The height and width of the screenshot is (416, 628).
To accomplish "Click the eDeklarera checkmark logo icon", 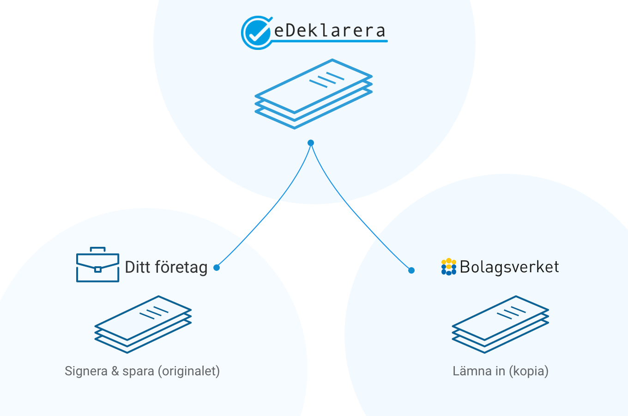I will (256, 32).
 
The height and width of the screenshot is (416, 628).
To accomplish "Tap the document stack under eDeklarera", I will (314, 94).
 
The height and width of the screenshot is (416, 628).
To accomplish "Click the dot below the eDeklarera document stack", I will (311, 143).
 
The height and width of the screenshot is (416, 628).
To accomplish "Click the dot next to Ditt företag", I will (217, 268).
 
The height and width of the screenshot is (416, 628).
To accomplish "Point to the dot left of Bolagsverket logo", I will (411, 270).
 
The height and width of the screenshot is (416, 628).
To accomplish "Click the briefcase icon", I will (97, 265).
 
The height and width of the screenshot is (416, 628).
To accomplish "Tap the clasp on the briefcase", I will (97, 269).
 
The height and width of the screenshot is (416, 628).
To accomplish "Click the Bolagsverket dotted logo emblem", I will (448, 267).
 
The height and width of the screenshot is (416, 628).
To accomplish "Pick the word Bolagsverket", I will (509, 267).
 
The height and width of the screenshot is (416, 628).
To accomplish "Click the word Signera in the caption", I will (86, 371).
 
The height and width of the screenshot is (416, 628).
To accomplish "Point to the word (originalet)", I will (188, 371).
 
